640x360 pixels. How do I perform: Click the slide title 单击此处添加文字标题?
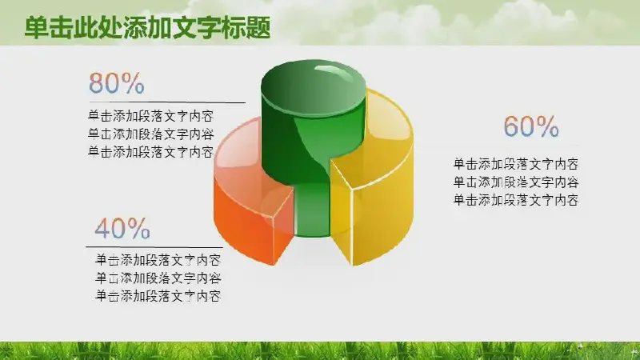tap(147, 28)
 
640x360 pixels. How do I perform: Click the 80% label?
tap(117, 83)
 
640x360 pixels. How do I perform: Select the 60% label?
tap(531, 126)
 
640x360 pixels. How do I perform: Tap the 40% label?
tap(122, 228)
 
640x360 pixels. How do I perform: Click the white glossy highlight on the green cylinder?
tap(334, 73)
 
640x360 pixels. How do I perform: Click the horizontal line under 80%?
tap(167, 102)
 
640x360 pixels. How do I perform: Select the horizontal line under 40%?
tap(154, 247)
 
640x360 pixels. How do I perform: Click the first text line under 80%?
tap(151, 116)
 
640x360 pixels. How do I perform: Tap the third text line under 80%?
tap(151, 152)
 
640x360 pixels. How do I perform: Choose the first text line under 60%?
tap(516, 164)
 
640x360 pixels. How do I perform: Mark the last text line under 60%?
tap(516, 200)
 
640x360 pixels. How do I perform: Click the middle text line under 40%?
tap(158, 278)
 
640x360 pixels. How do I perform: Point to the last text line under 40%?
tap(158, 296)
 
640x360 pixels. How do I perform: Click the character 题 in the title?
tap(258, 28)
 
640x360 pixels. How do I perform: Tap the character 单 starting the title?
tap(37, 28)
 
